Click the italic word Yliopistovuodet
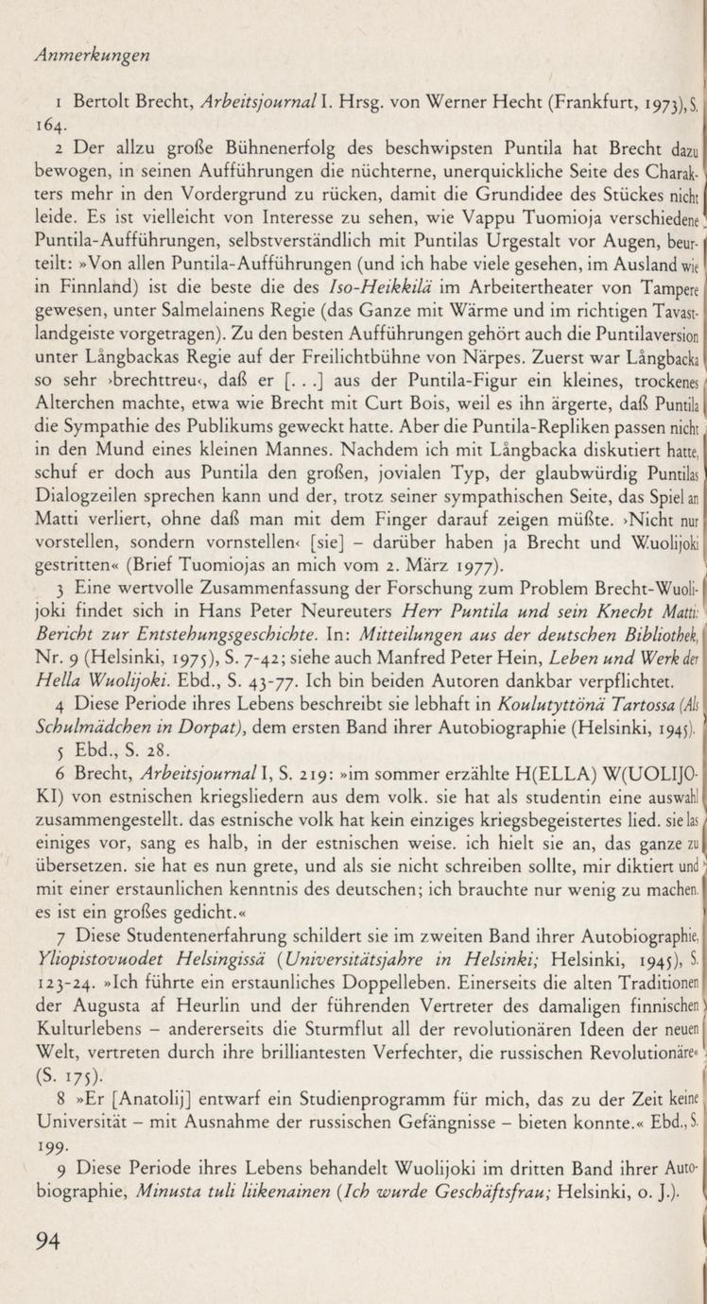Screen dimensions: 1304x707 pos(97,986)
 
